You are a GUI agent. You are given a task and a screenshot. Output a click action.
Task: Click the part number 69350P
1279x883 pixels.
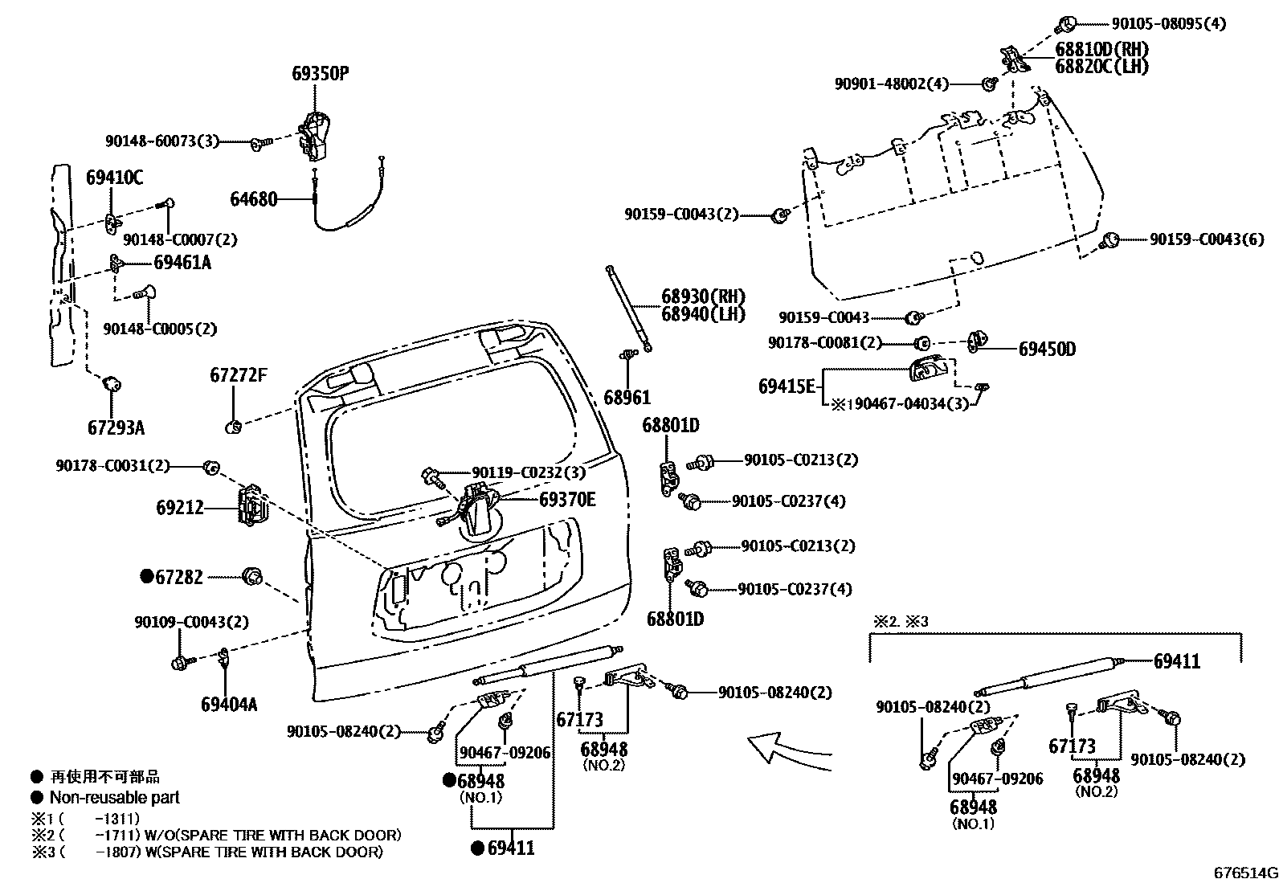[320, 74]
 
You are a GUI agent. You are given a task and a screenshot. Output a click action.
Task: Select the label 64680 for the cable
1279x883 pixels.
[254, 198]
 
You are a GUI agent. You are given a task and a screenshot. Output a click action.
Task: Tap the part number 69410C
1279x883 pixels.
[114, 178]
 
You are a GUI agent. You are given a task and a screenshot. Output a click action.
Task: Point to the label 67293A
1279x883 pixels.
[116, 427]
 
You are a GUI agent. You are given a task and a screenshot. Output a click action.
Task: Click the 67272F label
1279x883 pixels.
[238, 375]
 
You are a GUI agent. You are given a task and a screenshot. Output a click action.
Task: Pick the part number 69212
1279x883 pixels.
[180, 508]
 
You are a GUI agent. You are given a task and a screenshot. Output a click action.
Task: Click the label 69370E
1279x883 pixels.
[567, 500]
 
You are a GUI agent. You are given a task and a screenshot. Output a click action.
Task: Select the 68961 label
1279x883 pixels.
[627, 398]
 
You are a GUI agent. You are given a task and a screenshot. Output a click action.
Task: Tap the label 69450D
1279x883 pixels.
[1047, 349]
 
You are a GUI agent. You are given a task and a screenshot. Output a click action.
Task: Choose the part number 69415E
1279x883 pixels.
[787, 386]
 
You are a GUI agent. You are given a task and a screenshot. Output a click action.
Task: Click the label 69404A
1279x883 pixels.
[229, 705]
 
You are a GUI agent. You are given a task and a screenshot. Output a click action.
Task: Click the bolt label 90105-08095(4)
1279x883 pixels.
[1169, 24]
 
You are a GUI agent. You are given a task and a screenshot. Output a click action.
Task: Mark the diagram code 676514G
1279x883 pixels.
[1244, 873]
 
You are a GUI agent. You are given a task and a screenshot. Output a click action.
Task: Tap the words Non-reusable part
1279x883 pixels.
[114, 798]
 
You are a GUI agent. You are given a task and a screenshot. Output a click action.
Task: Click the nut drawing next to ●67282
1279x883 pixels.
[252, 576]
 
